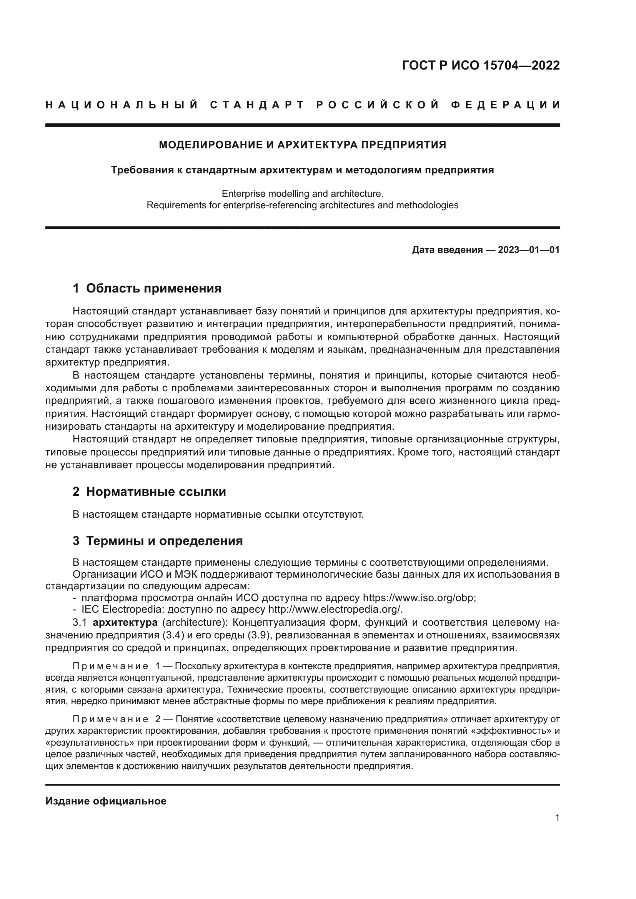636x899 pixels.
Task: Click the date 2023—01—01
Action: tap(528, 250)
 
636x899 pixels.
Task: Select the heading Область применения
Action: tap(153, 289)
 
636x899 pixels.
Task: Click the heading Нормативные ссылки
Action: tap(156, 492)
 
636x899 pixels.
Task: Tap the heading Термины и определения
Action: tap(164, 541)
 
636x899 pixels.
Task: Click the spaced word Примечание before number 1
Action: tap(110, 666)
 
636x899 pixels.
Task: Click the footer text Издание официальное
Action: tap(106, 801)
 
